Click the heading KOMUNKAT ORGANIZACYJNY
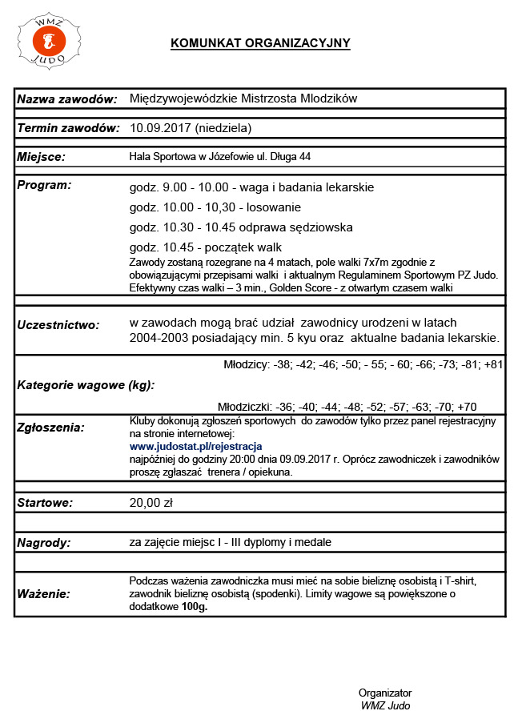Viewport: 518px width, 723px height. (260, 43)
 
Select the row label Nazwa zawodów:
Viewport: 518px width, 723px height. (68, 98)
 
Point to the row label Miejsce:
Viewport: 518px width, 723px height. (41, 157)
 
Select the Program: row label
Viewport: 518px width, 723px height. (44, 185)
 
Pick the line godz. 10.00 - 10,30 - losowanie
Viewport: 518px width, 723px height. (210, 207)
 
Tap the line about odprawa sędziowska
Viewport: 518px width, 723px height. (240, 227)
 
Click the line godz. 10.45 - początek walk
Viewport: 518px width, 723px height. (205, 247)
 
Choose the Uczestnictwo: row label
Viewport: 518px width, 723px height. (58, 325)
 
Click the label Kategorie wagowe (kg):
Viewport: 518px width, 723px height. (86, 384)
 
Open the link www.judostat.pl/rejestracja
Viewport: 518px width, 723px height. (196, 446)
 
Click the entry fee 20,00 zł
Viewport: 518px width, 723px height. (151, 504)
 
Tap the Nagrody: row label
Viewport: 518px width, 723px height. (44, 543)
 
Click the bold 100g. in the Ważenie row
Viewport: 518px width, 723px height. (193, 608)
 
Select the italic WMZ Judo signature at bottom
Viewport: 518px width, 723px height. (385, 705)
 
